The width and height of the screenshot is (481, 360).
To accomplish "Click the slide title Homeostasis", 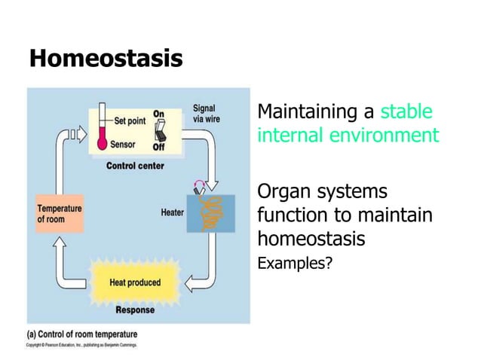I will point(106,58).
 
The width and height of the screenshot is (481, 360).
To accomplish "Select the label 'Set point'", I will point(130,120).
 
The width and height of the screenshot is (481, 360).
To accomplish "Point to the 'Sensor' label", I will point(123,144).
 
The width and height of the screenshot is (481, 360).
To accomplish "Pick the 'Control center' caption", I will point(135,165).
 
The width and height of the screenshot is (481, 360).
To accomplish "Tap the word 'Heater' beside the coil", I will point(172,212).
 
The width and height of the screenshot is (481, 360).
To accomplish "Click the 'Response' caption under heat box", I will point(135,310).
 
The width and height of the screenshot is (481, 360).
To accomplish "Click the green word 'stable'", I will point(406,112).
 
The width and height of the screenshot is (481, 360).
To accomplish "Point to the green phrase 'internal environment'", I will point(348,136).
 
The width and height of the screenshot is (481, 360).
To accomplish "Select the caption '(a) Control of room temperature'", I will point(82,334).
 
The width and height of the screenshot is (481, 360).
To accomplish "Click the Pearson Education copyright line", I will point(78,345).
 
